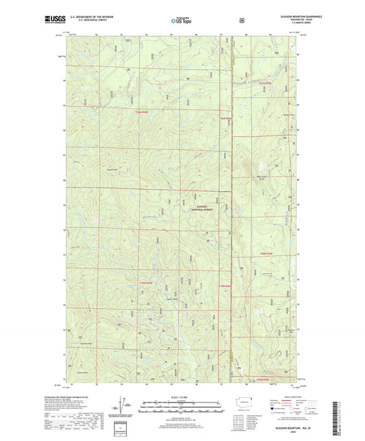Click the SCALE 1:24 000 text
[x=181, y=398]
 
